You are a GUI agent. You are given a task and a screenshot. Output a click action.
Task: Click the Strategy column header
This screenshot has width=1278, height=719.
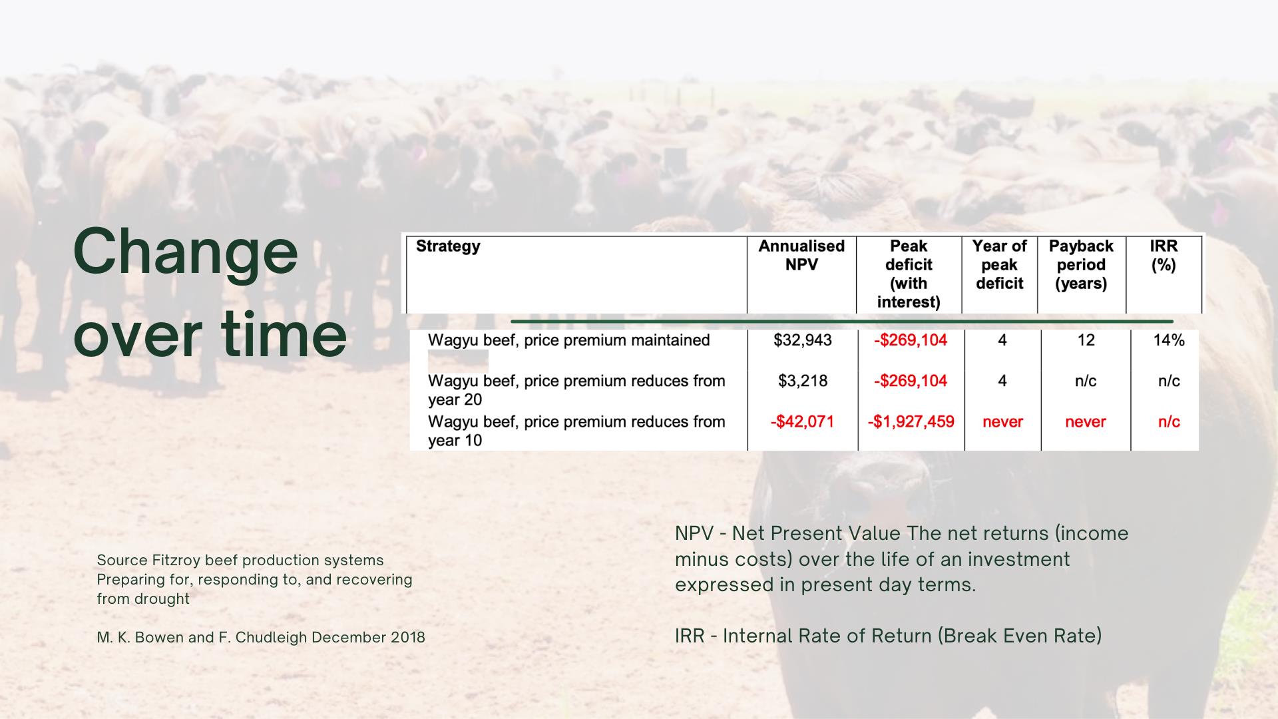tap(448, 246)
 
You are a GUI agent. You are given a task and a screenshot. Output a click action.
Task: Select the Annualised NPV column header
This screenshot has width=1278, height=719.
tap(801, 255)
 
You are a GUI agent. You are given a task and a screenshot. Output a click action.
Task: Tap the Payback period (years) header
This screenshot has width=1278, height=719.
tap(1081, 264)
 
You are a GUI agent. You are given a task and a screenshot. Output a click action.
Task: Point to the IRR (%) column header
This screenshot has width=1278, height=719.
tap(1164, 255)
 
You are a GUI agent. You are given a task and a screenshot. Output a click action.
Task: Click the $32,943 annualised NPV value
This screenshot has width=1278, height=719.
tap(803, 340)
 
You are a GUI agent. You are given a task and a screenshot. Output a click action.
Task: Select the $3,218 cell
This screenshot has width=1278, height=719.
tap(803, 381)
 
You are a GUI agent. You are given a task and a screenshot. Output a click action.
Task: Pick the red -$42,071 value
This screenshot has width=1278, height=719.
tap(802, 421)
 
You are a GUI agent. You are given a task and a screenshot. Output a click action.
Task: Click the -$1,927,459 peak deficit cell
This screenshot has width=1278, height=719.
tap(911, 421)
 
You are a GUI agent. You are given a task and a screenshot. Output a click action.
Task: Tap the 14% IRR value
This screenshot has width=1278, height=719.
tap(1169, 340)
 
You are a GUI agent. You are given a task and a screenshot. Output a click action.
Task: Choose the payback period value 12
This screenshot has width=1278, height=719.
tap(1086, 340)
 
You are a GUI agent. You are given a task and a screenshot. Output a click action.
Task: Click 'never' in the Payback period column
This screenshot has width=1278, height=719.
tap(1085, 421)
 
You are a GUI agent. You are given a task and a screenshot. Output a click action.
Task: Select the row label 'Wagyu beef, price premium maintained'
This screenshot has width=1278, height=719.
tap(568, 340)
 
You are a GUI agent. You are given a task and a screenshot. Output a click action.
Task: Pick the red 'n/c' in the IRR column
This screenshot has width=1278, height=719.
tap(1169, 421)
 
